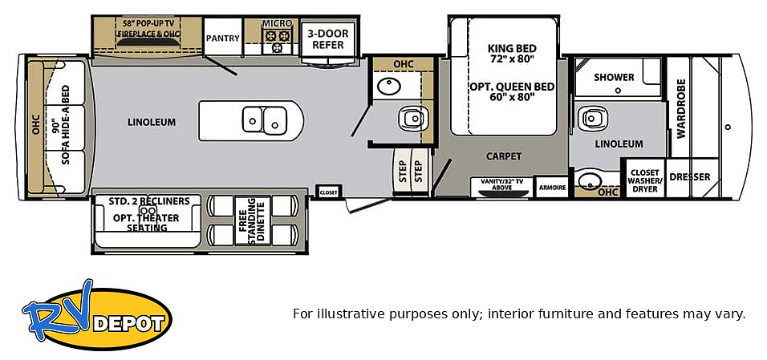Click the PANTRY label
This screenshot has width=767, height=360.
222,38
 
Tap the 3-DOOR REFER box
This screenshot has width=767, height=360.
327,39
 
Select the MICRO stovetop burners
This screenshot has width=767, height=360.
278,41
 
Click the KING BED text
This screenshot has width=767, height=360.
512,48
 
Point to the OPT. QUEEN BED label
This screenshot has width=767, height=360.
512,87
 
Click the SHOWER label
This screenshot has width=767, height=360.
614,77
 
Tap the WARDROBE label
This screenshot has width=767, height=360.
681,108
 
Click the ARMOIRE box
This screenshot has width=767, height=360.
552,188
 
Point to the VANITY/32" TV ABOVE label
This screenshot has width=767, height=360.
502,184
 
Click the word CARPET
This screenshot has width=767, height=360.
504,156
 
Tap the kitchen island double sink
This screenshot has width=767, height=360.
265,119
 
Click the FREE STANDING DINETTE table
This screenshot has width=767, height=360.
252,220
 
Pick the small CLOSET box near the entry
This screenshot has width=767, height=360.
328,192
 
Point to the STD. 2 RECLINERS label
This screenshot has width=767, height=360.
149,201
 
